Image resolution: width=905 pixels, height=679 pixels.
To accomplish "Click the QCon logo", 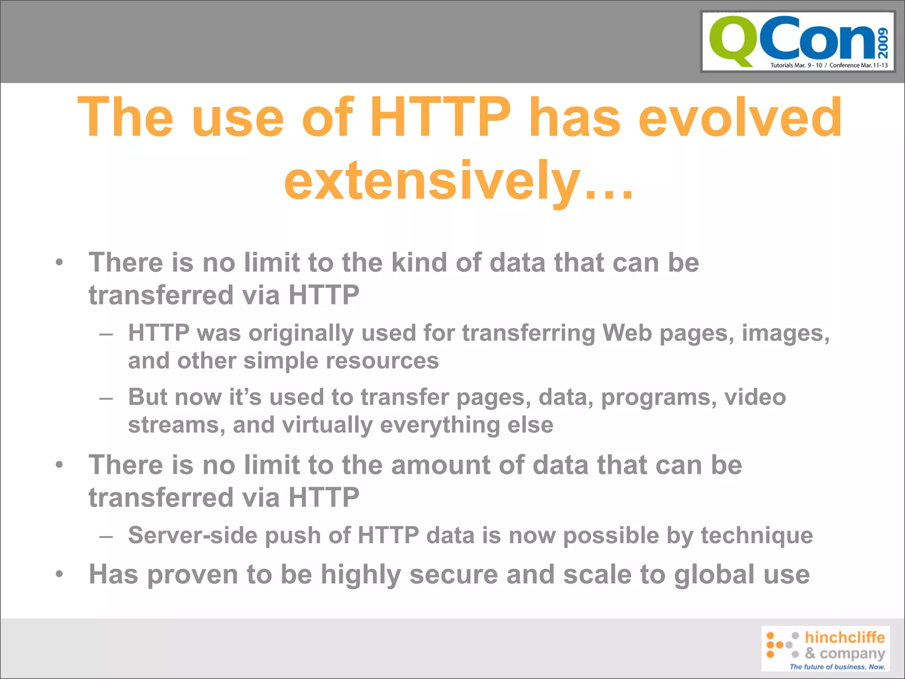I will [798, 42].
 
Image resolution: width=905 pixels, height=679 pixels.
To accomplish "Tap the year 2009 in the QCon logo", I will [882, 43].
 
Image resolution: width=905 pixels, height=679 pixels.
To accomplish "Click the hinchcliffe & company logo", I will [825, 648].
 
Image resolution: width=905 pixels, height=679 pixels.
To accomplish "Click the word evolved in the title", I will [740, 118].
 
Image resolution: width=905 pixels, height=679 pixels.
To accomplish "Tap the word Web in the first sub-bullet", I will [627, 332].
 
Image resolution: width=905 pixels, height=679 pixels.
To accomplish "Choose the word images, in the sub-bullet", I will [786, 333].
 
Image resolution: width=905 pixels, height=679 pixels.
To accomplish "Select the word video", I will [755, 397].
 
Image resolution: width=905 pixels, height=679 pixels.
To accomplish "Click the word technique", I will [757, 535].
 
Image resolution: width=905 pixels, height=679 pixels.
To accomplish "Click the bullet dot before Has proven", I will [60, 574].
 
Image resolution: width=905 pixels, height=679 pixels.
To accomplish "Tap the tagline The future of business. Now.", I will [837, 667].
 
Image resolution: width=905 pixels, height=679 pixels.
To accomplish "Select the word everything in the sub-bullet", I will [440, 425].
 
